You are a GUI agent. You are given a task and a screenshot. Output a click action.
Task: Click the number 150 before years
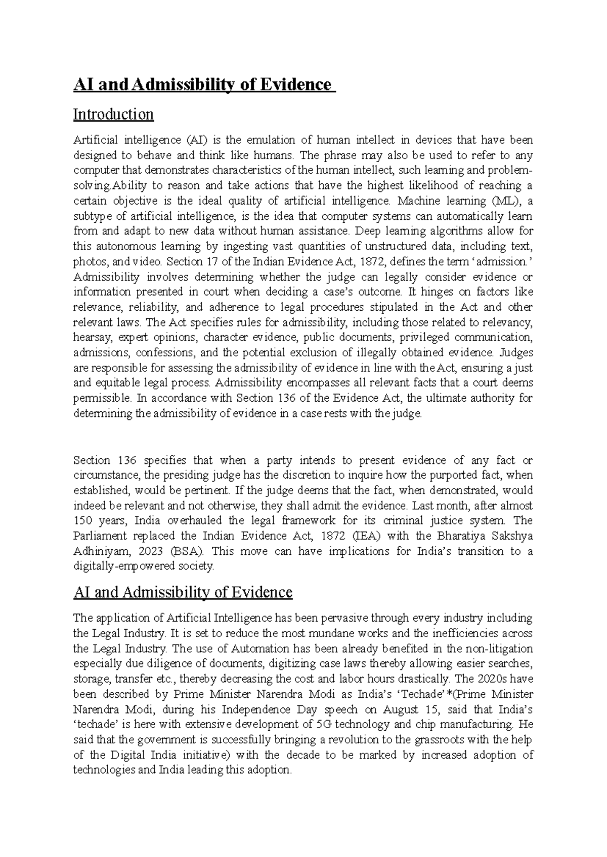point(82,520)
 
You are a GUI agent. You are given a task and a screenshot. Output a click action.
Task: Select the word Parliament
point(99,536)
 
